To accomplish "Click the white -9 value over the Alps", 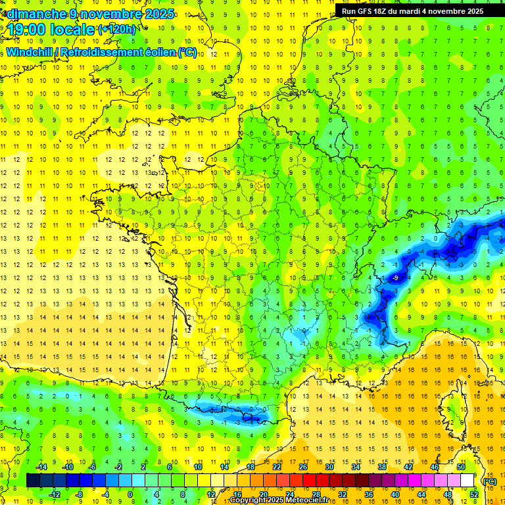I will [x=395, y=278].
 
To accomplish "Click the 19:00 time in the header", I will [x=29, y=29].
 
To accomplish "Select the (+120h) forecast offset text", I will [x=117, y=29].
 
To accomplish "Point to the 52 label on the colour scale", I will [x=474, y=494].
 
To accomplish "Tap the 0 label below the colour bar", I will [x=130, y=494].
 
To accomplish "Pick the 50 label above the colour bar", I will [x=461, y=466].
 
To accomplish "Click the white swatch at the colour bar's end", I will [x=468, y=481].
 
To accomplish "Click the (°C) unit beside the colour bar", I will [x=489, y=481].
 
